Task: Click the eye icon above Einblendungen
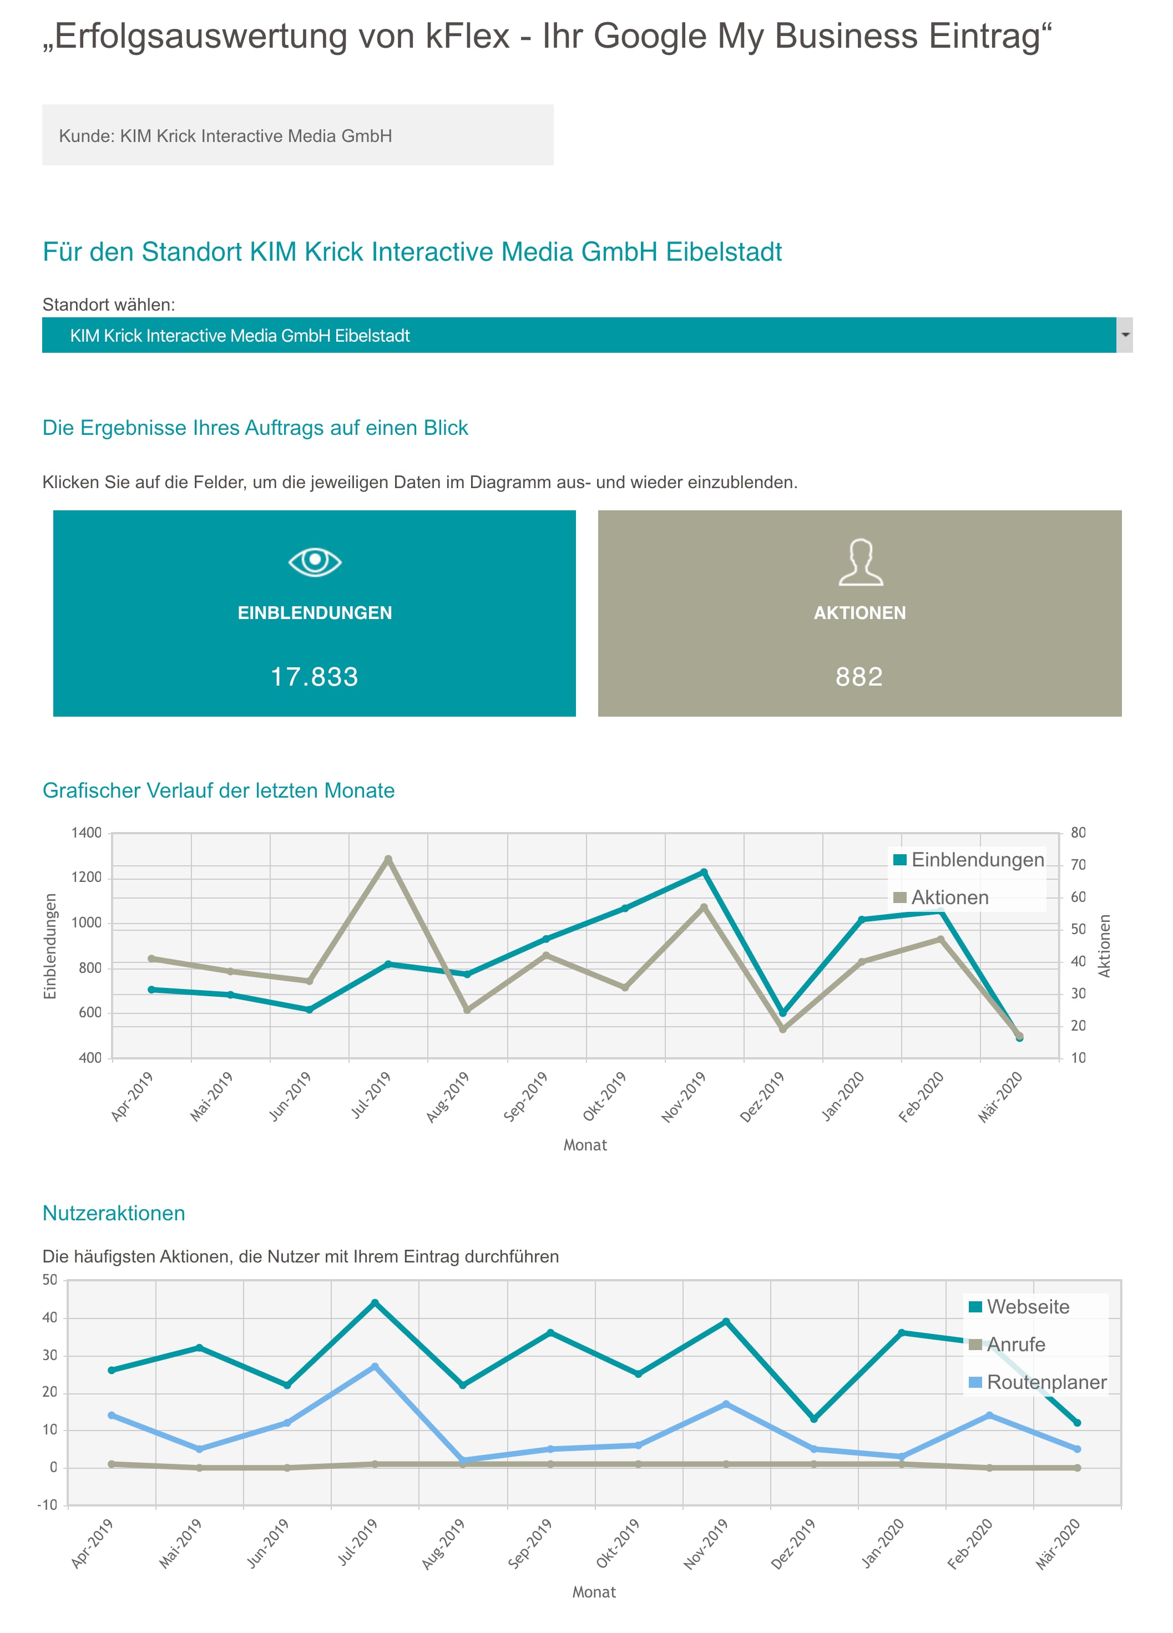tap(315, 561)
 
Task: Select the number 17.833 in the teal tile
tap(315, 677)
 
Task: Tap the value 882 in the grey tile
tap(859, 677)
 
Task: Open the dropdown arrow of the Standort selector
tap(1125, 335)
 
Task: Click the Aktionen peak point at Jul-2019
tap(388, 859)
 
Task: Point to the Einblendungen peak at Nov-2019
tap(704, 872)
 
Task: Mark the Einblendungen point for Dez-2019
tap(783, 1012)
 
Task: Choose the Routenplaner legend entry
tap(1038, 1382)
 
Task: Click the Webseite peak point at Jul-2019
tap(375, 1302)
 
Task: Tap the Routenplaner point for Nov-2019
tap(726, 1404)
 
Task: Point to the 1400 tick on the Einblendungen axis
tap(87, 833)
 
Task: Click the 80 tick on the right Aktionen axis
tap(1078, 833)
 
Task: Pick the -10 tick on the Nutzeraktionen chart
tap(48, 1505)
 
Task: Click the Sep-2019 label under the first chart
tap(525, 1096)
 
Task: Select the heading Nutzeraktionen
tap(114, 1213)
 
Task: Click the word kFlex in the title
tap(468, 36)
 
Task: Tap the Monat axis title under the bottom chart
tap(594, 1592)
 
